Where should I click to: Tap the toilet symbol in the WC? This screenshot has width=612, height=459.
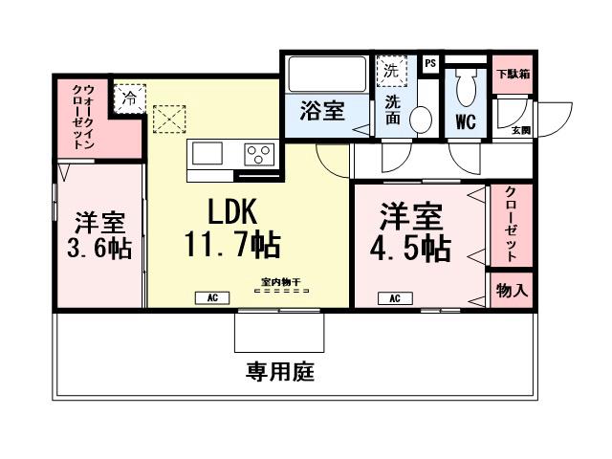tap(467, 90)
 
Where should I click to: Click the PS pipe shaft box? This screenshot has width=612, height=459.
tap(430, 63)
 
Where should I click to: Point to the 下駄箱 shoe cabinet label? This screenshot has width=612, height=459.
tap(513, 73)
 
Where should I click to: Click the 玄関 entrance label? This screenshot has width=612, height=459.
tap(520, 130)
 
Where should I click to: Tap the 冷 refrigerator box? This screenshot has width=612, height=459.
tap(128, 97)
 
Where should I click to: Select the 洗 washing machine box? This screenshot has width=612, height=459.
tap(390, 70)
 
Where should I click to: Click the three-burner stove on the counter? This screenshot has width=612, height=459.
tap(259, 153)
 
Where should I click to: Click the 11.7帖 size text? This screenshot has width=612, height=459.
tap(232, 246)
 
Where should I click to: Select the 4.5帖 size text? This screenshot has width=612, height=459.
tap(411, 247)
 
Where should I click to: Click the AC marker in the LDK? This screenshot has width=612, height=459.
tap(212, 298)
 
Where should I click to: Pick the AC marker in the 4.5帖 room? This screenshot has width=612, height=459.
tap(394, 298)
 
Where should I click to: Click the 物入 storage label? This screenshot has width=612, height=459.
tap(512, 290)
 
